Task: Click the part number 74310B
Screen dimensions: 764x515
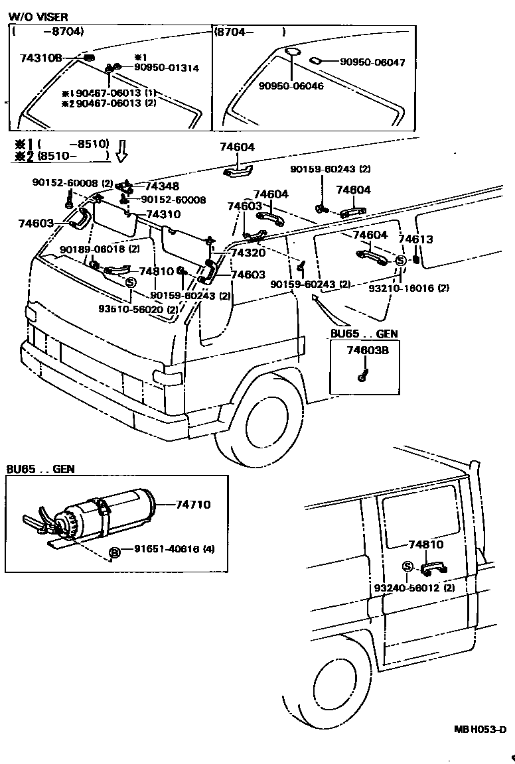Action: tap(40, 58)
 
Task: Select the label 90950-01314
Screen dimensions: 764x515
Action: tap(167, 68)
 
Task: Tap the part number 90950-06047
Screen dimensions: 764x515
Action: tap(372, 62)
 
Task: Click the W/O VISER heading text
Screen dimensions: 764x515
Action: tap(38, 17)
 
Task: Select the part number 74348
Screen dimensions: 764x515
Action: tap(162, 187)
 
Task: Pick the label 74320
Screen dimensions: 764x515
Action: tap(248, 253)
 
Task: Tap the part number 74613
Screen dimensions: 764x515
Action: tap(415, 239)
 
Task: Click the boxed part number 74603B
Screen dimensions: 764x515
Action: tap(364, 351)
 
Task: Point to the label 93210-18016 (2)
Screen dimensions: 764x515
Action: tap(419, 288)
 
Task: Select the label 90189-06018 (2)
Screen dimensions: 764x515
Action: tap(100, 249)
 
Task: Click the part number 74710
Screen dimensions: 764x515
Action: tap(192, 505)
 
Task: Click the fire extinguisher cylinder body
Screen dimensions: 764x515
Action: tap(126, 507)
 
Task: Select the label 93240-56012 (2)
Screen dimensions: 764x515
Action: tap(414, 588)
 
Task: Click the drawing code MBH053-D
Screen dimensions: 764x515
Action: tap(480, 730)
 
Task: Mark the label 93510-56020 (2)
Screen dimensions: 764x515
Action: tap(138, 310)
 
